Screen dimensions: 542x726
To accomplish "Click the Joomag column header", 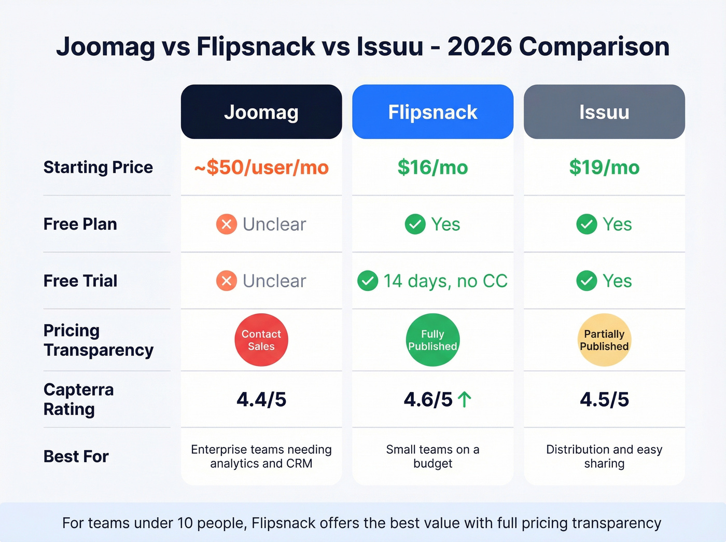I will [261, 112].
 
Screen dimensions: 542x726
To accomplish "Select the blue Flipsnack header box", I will [432, 112].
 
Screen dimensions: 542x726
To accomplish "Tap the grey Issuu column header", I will [604, 112].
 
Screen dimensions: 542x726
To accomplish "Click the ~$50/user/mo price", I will [261, 168].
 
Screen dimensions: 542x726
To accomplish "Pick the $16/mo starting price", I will [432, 168].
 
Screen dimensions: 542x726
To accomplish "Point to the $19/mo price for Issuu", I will [604, 168].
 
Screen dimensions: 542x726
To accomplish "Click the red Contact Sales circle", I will [261, 340].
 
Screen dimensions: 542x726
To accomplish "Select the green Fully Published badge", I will [432, 340].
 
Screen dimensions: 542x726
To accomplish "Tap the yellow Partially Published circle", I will [604, 340].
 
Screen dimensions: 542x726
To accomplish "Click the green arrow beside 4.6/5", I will [465, 399].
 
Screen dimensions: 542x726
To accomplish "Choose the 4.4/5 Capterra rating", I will [261, 399].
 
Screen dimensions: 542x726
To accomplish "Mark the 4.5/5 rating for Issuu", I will [604, 399].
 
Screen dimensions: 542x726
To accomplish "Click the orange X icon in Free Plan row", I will [227, 224].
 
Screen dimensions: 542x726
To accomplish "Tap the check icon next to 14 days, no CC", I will [368, 281].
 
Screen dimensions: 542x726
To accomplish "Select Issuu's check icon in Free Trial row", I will [587, 281].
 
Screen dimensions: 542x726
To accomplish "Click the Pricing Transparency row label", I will [98, 340].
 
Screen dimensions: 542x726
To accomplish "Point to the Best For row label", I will [76, 456].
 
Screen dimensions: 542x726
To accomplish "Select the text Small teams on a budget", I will [432, 456].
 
